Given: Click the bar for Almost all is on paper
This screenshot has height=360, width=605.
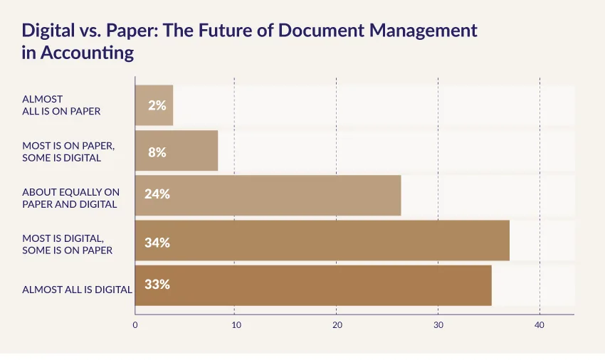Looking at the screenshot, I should [x=154, y=105].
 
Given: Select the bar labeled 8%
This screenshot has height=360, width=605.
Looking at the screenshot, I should [x=177, y=151].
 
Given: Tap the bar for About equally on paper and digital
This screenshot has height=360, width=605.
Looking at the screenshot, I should [x=268, y=195].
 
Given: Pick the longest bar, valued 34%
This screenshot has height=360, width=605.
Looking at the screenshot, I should [x=322, y=240].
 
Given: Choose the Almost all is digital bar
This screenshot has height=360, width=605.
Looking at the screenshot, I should [x=313, y=285].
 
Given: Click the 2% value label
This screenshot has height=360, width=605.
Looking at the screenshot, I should [x=157, y=105].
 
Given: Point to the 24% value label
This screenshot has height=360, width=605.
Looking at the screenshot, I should [x=157, y=193].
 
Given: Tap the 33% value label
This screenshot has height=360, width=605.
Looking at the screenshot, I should [x=157, y=284].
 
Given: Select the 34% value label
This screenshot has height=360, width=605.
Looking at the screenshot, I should [x=157, y=242].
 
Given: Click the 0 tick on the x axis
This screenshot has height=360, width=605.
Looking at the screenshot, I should [x=135, y=325].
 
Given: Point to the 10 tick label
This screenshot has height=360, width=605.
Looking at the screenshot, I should [x=236, y=325].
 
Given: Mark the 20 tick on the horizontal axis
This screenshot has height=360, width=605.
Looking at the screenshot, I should [x=337, y=325].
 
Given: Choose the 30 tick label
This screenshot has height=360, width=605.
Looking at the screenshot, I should [x=438, y=325].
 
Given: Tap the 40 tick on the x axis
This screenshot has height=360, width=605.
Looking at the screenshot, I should [x=540, y=325].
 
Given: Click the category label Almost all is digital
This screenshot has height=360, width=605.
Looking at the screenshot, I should [x=77, y=290].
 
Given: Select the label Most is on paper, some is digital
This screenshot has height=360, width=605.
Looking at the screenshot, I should [x=68, y=151].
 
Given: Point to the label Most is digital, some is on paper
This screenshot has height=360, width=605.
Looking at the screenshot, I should [x=68, y=243].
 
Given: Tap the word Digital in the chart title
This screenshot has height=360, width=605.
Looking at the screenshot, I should [x=48, y=31].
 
